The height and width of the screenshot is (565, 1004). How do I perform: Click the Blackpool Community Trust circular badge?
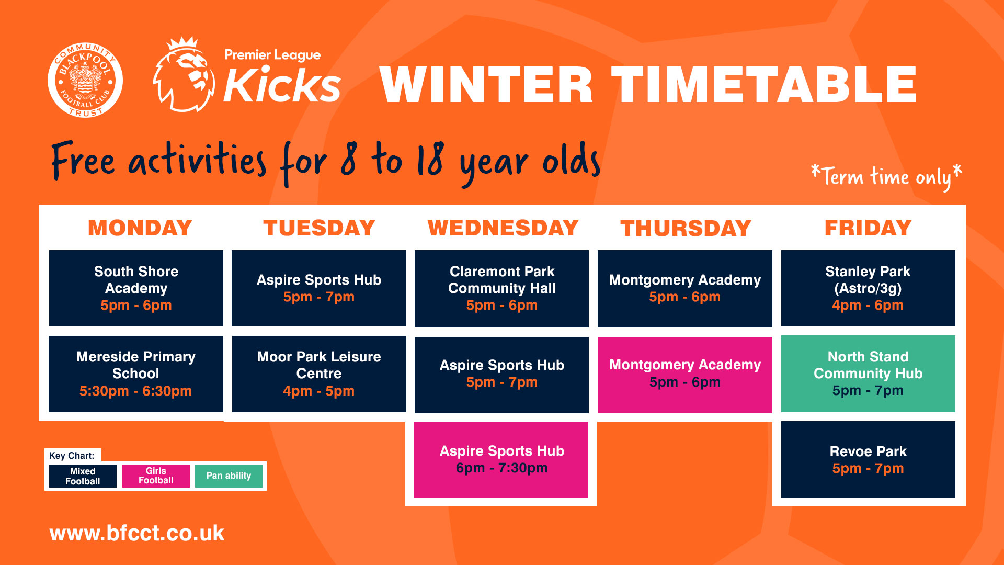[x=85, y=80]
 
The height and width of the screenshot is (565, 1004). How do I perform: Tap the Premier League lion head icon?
[x=184, y=75]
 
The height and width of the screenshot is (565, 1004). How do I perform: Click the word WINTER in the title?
[x=486, y=85]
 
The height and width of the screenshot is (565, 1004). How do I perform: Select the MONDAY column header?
[x=140, y=228]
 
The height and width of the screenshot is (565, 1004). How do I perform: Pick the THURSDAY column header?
[x=686, y=228]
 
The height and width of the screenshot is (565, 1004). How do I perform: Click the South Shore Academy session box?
[x=136, y=288]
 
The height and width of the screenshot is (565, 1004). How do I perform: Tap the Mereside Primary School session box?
[x=136, y=374]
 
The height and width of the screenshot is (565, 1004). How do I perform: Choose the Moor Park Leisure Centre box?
[x=319, y=374]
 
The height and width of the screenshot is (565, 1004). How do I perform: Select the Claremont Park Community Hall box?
[x=501, y=289]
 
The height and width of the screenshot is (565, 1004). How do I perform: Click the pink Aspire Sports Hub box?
[x=501, y=460]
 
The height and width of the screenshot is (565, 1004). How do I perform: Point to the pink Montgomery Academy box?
[x=685, y=375]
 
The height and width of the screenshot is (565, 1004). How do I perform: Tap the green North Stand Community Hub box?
[x=868, y=374]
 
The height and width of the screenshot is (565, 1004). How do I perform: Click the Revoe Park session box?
[x=868, y=460]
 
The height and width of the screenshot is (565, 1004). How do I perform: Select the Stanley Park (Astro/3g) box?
[x=868, y=288]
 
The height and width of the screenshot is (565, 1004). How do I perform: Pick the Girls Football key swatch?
[x=156, y=476]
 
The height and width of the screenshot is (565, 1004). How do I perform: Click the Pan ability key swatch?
[x=229, y=476]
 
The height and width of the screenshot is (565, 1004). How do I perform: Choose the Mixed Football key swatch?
[x=83, y=476]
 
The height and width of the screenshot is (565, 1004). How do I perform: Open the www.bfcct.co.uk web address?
[x=137, y=533]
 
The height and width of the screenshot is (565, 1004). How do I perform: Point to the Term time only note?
[x=886, y=177]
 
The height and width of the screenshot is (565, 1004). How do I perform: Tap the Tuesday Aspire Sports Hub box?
[x=318, y=288]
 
